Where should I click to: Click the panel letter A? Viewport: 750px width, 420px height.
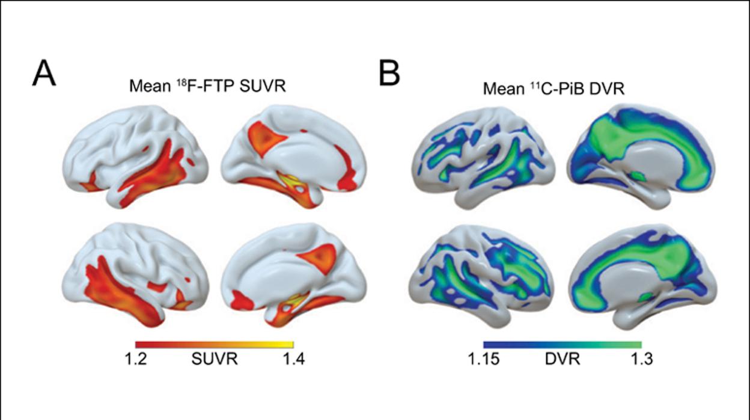pyautogui.click(x=44, y=74)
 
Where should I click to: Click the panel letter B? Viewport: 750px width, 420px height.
pyautogui.click(x=389, y=73)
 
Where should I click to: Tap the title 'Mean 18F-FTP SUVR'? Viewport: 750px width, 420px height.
pyautogui.click(x=207, y=86)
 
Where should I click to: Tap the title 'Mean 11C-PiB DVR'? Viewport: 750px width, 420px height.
pyautogui.click(x=554, y=88)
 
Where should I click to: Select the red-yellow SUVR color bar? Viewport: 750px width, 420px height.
pyautogui.click(x=215, y=345)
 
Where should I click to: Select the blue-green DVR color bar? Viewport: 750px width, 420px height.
pyautogui.click(x=562, y=345)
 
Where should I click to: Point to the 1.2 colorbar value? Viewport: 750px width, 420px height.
pyautogui.click(x=136, y=359)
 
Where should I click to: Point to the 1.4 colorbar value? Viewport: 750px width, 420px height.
pyautogui.click(x=294, y=359)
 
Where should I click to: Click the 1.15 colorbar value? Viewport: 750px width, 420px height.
pyautogui.click(x=484, y=359)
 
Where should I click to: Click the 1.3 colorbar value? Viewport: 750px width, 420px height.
pyautogui.click(x=642, y=359)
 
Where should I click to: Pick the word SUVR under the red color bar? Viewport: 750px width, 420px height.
pyautogui.click(x=215, y=359)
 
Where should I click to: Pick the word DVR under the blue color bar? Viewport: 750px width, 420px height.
pyautogui.click(x=562, y=359)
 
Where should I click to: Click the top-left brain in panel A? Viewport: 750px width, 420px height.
pyautogui.click(x=136, y=157)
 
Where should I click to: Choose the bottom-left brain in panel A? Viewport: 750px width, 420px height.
pyautogui.click(x=135, y=275)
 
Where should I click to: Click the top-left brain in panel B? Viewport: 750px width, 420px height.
pyautogui.click(x=483, y=158)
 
